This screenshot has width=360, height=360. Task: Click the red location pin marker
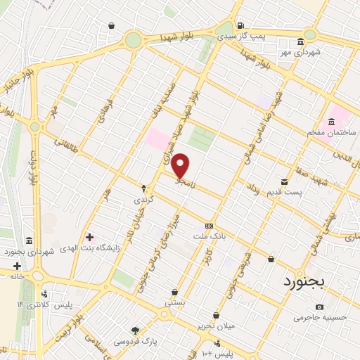(181, 166)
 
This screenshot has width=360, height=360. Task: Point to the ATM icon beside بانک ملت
(209, 226)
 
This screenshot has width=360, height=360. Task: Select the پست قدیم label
(288, 192)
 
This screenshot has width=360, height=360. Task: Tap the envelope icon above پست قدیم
(284, 181)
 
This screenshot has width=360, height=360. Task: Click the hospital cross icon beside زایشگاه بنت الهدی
(89, 236)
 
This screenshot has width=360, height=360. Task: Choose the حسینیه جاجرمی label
(320, 318)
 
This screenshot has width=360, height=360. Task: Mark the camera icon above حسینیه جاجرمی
(320, 307)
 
